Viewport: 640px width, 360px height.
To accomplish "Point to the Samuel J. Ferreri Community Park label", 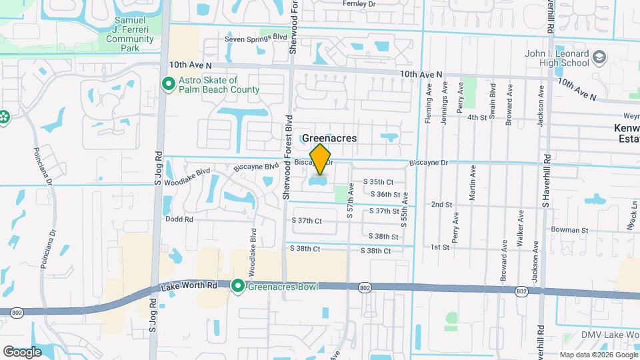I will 129,29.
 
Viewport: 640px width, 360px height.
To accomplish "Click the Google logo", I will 22,351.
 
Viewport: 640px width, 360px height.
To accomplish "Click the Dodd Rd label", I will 179,219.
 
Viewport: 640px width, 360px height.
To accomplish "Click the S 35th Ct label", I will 378,181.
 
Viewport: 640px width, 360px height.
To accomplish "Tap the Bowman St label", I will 569,230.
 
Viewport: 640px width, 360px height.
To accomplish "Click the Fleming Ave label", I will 429,99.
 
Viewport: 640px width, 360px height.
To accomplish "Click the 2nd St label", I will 441,205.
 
